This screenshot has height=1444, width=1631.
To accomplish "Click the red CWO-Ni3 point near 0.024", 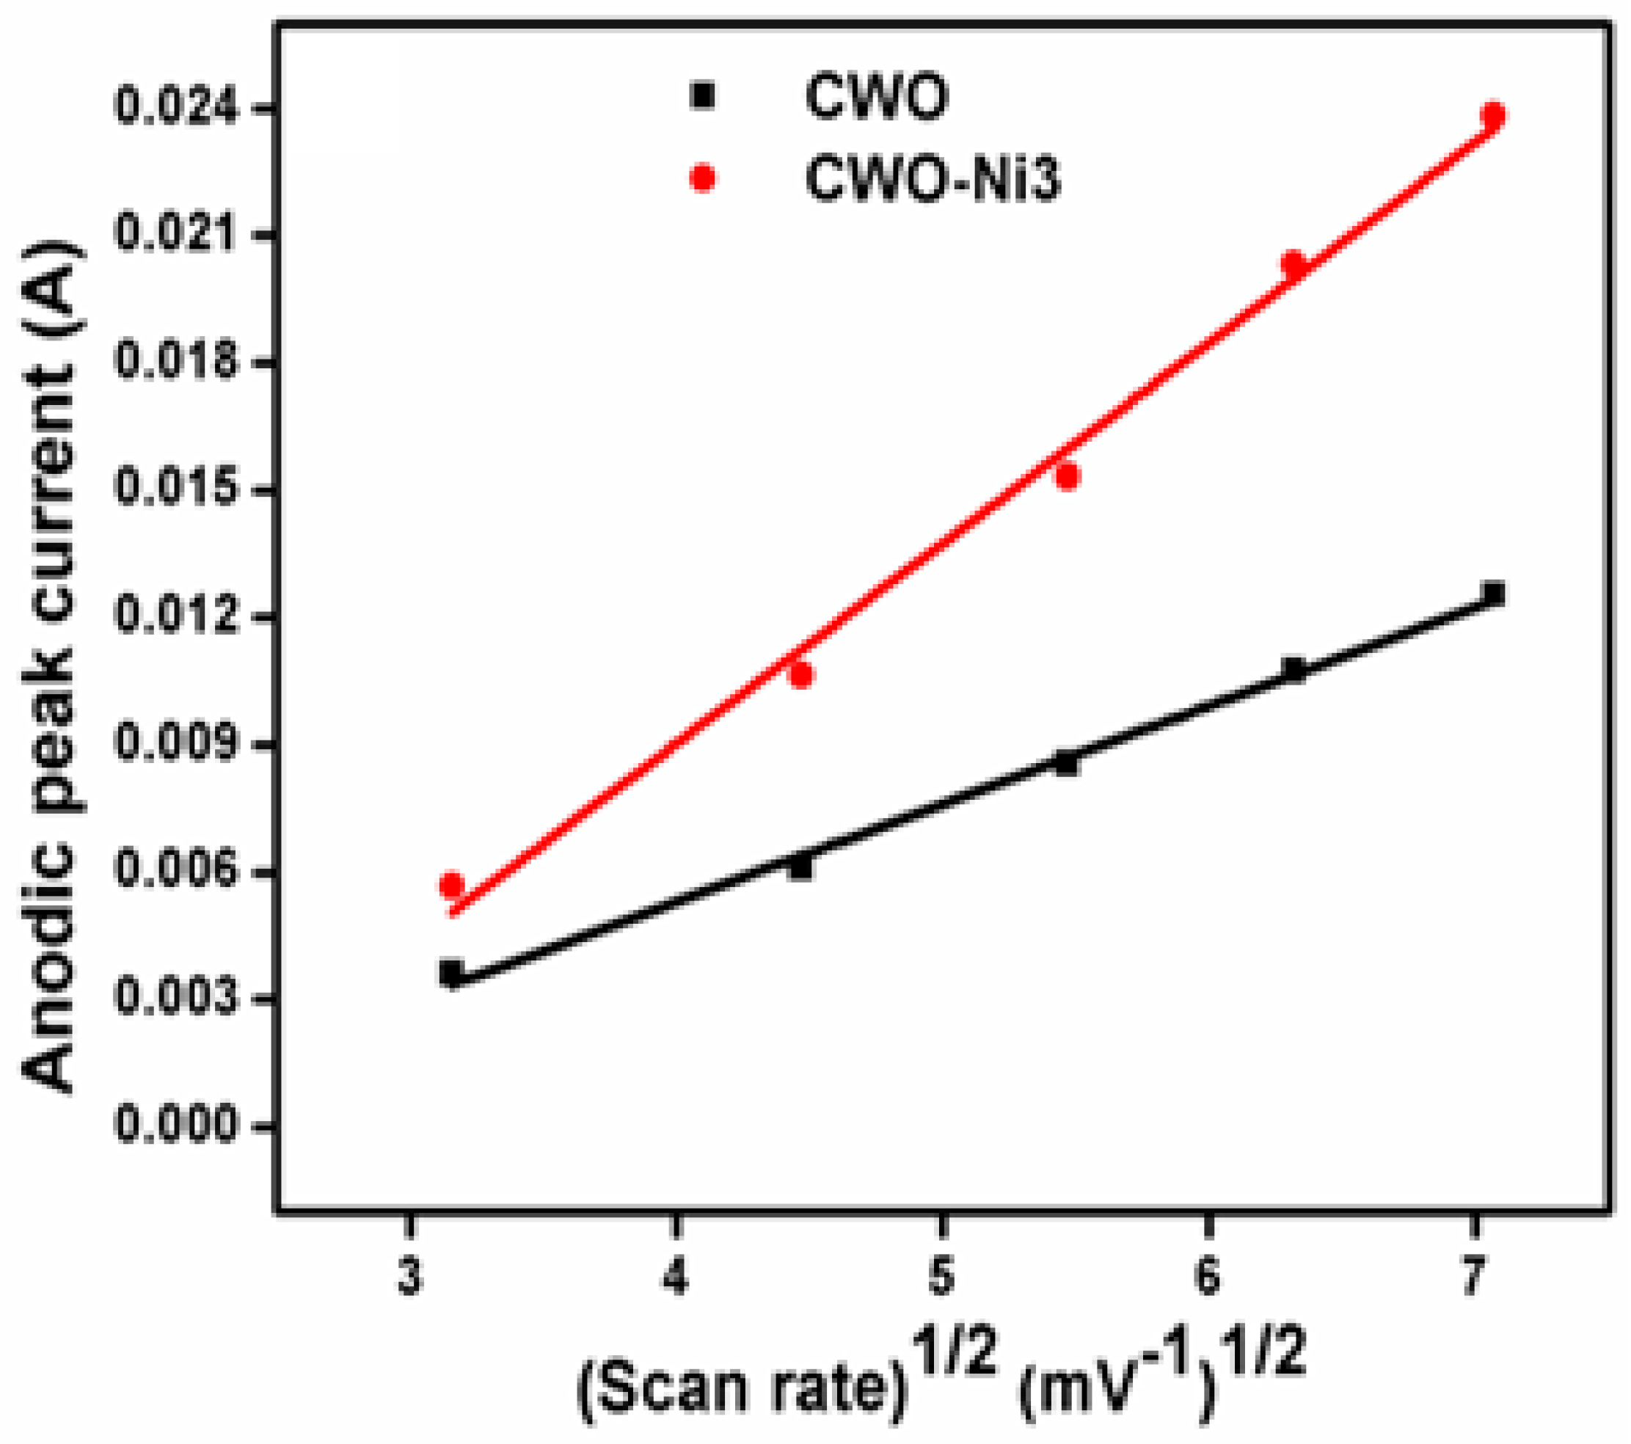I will [1493, 116].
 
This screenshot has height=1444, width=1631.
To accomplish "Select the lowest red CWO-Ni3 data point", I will [452, 885].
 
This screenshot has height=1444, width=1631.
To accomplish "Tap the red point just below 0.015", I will [1067, 476].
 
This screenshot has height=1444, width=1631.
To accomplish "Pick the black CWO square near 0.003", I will [452, 972].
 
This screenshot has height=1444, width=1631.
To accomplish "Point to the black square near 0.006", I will [800, 867].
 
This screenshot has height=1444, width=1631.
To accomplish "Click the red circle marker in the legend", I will [703, 178].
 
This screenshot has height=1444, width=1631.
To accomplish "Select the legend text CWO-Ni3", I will [932, 180].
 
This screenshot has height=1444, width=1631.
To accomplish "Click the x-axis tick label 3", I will [409, 1277].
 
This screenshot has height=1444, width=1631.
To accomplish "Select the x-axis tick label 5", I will [941, 1277].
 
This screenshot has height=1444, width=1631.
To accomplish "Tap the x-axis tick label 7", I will [1473, 1277].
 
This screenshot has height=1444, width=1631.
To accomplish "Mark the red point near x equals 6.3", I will [1294, 263].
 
